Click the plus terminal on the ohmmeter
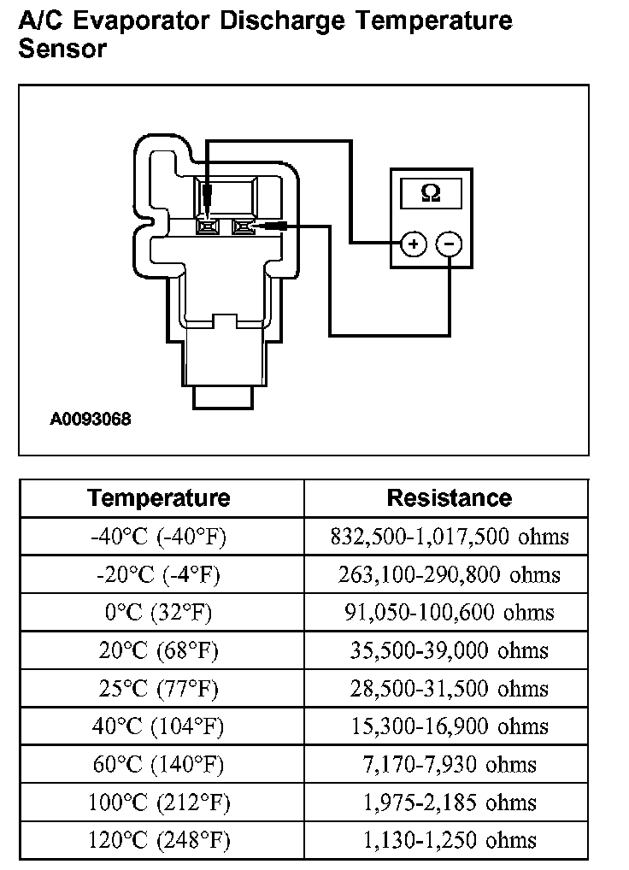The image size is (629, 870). click(x=414, y=244)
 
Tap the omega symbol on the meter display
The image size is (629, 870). click(x=431, y=193)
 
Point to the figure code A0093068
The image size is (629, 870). click(x=91, y=420)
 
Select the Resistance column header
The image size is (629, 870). click(x=449, y=497)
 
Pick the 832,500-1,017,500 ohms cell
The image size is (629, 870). click(x=449, y=537)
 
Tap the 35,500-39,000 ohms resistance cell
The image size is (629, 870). click(x=449, y=651)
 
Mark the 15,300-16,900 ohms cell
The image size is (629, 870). click(x=449, y=727)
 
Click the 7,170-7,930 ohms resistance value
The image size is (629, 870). click(x=449, y=765)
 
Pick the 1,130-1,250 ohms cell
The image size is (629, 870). click(x=449, y=840)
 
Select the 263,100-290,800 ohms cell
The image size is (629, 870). click(x=449, y=575)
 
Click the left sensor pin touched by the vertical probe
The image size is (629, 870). click(x=208, y=226)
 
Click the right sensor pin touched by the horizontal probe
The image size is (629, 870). click(x=243, y=226)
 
